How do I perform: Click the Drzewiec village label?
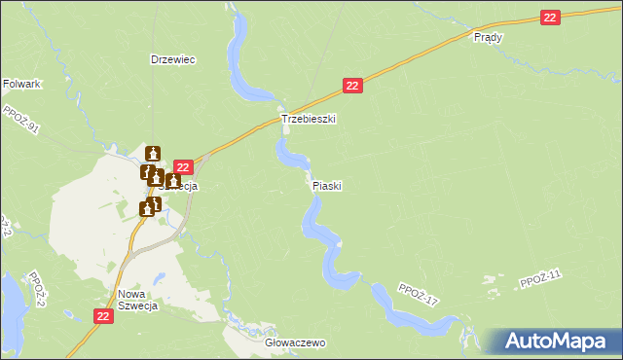[x=173, y=59]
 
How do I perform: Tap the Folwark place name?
[x=21, y=85]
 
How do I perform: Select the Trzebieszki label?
[x=309, y=119]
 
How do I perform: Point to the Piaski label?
[x=327, y=185]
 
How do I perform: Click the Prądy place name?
[x=487, y=37]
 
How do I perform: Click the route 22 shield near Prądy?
[x=551, y=18]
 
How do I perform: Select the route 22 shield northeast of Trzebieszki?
[x=353, y=87]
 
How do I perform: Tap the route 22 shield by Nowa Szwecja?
[x=105, y=316]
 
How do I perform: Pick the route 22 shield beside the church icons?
[x=181, y=168]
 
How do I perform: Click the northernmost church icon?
[x=153, y=153]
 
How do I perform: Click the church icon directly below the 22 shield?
[x=172, y=181]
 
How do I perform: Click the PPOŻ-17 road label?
[x=420, y=295]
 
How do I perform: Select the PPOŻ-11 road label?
[x=541, y=280]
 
